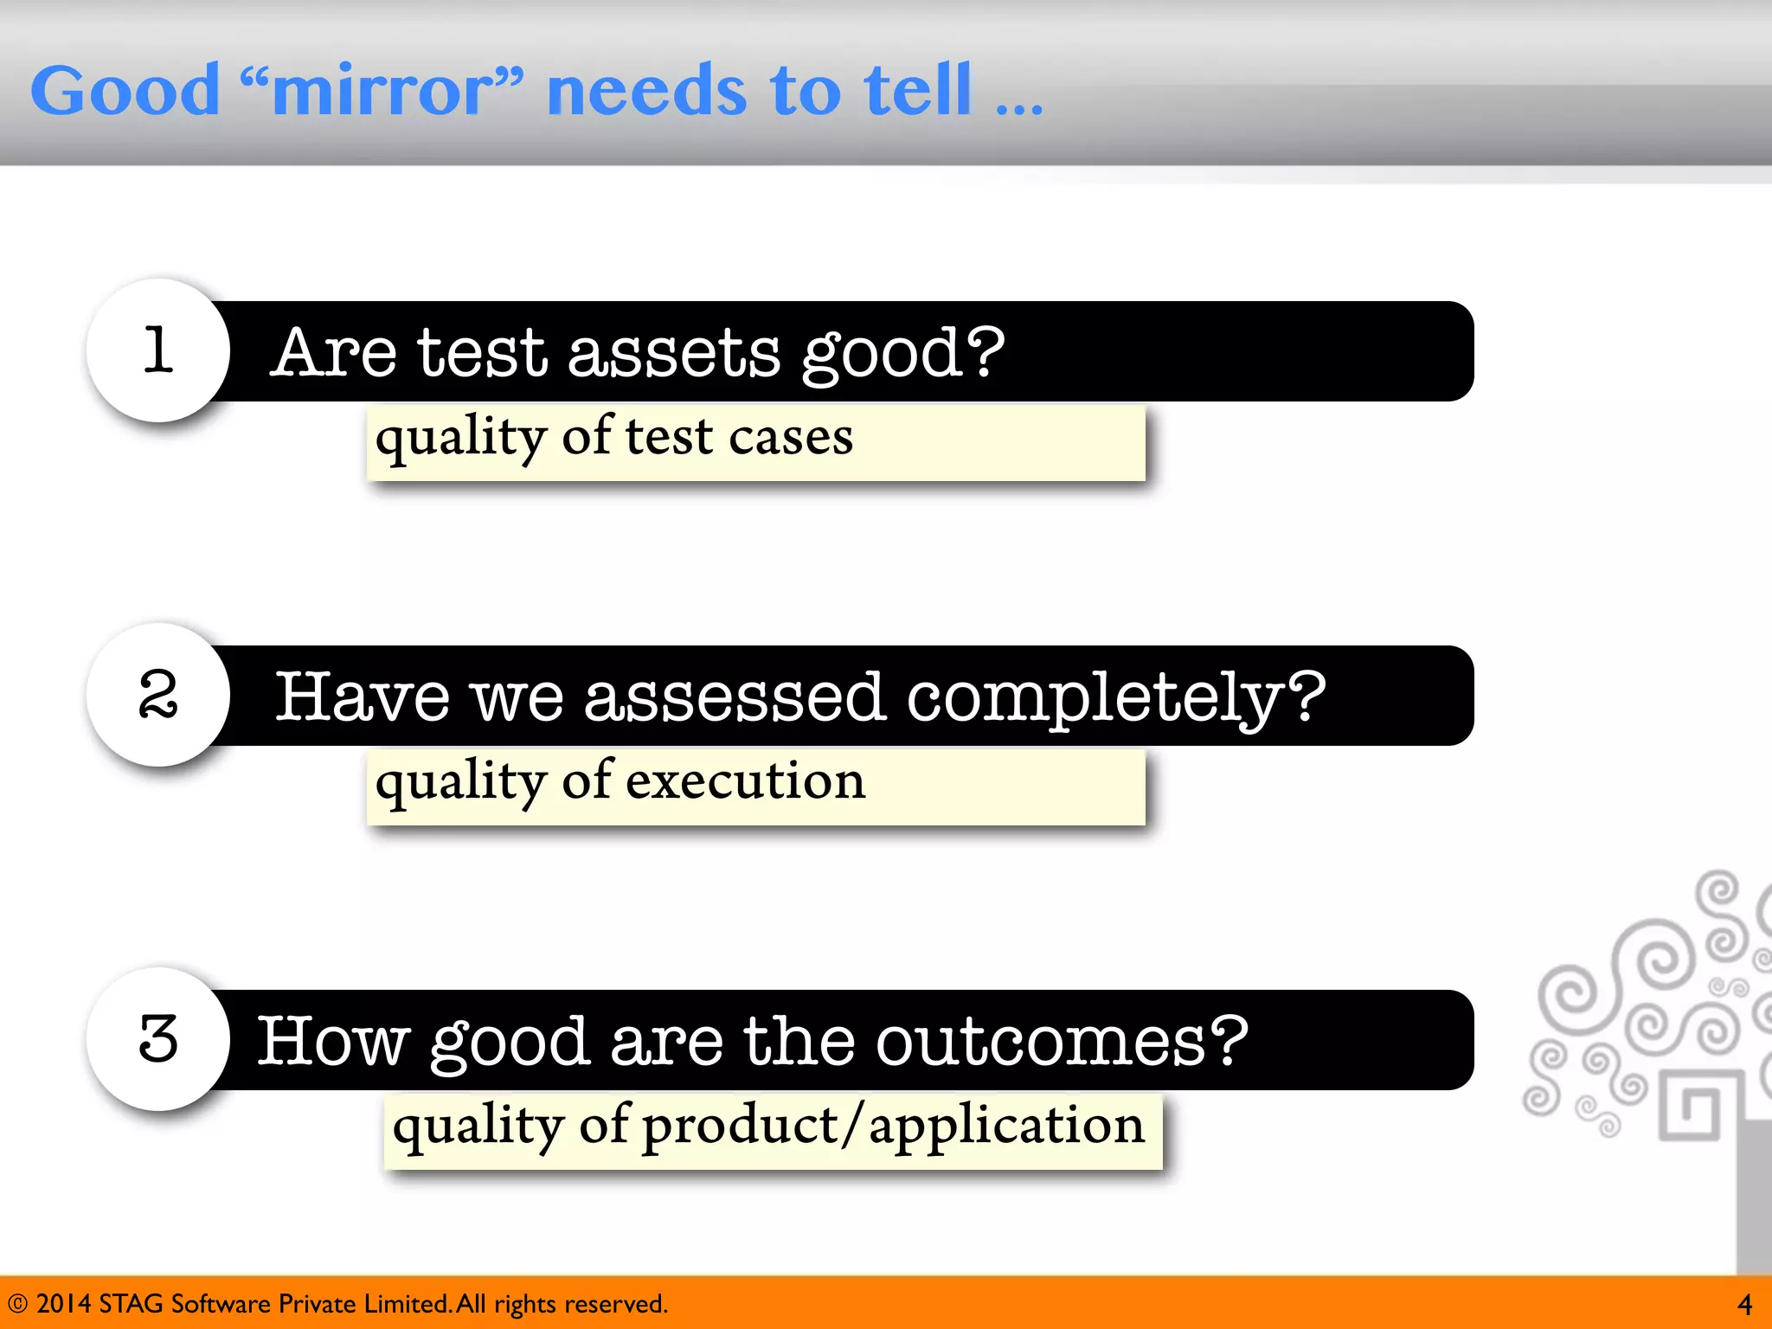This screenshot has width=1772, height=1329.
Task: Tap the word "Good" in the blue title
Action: (x=125, y=92)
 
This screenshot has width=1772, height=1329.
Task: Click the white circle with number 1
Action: (x=158, y=350)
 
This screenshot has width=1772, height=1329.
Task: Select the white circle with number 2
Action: (x=158, y=695)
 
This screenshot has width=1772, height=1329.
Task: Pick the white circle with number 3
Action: (x=158, y=1039)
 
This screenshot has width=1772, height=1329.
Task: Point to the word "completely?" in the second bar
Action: (x=1116, y=698)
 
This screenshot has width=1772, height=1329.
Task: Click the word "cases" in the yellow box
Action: (x=791, y=437)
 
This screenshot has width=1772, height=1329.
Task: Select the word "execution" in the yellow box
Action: (x=745, y=781)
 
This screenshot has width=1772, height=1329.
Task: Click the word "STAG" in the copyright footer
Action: (x=131, y=1304)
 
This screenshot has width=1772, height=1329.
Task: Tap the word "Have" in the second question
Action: (x=362, y=697)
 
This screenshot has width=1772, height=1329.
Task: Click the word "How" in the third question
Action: (x=333, y=1042)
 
